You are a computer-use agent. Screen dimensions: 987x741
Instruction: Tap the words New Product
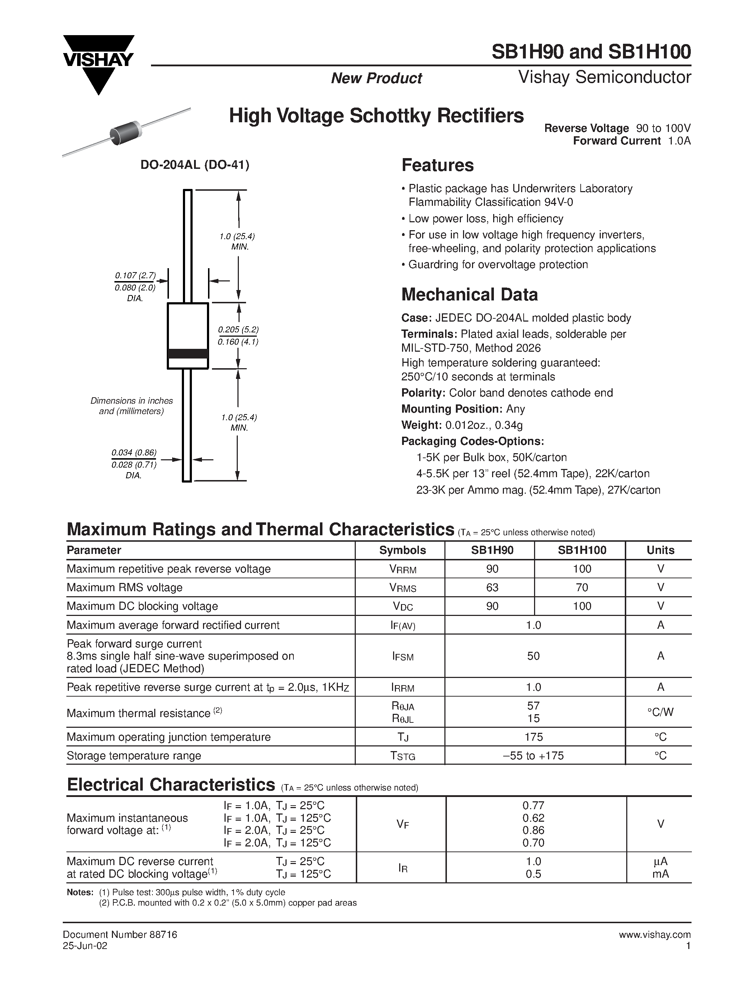point(376,78)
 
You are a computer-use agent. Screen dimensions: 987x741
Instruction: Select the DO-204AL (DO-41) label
point(195,165)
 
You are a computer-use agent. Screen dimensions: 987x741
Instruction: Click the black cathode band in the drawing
point(188,353)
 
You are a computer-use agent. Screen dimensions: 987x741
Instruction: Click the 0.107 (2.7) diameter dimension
point(135,275)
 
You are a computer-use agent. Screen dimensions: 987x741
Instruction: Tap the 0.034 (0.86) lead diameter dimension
point(134,452)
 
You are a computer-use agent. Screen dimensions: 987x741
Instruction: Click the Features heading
point(438,165)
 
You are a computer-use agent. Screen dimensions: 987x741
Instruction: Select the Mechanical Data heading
point(469,294)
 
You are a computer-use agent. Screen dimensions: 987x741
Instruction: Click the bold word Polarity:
point(423,393)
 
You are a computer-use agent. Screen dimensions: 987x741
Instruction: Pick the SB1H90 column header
point(492,550)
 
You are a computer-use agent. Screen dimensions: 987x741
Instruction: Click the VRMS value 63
point(492,587)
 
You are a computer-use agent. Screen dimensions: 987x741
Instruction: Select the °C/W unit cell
point(660,712)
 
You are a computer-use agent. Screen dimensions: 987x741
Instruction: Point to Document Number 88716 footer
point(120,934)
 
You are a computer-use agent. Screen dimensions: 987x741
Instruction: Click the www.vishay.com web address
point(655,934)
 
